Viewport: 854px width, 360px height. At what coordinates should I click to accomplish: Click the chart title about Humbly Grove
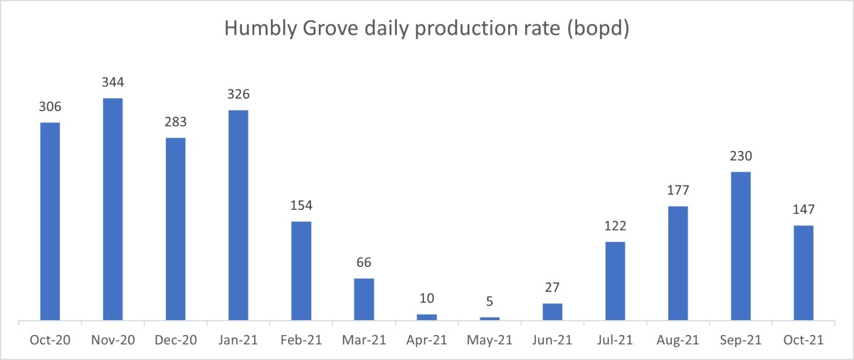pos(426,29)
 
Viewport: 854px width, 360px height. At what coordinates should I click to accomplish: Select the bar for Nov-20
pos(112,209)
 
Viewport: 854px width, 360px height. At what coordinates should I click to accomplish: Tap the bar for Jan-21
pos(238,215)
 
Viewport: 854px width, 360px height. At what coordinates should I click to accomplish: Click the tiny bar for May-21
pos(490,318)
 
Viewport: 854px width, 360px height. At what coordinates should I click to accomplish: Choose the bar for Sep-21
pos(740,245)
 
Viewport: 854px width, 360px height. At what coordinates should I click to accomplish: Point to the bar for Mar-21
pos(364,299)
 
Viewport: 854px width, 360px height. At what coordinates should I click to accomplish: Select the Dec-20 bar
pos(175,228)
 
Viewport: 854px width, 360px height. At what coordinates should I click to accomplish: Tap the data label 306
pos(50,107)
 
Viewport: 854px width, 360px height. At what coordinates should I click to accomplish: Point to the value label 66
pos(364,263)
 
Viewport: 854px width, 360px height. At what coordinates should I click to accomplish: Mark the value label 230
pos(740,156)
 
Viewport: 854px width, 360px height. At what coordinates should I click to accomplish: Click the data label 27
pos(552,287)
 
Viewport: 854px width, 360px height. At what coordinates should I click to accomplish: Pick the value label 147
pos(803,210)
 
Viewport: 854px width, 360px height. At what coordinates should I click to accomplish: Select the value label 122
pos(615,226)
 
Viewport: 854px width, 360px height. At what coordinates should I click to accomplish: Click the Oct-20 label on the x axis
pos(50,340)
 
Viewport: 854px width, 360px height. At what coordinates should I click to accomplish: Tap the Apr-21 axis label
pos(426,340)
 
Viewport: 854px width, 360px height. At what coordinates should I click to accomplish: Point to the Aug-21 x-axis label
pos(678,340)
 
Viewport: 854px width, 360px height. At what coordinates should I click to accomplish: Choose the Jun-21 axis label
pos(552,340)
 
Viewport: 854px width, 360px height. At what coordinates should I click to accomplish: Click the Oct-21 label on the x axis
pos(803,340)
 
